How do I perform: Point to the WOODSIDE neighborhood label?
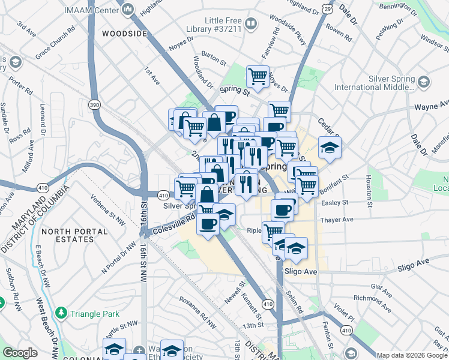point(124,34)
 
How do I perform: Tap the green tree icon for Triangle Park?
point(61,313)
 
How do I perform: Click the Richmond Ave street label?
point(372,304)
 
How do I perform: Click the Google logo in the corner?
point(20,353)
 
